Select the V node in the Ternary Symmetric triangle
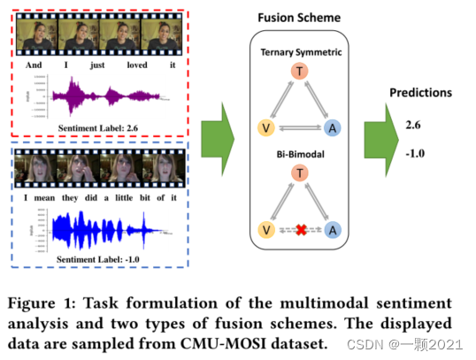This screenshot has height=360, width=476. coord(264,126)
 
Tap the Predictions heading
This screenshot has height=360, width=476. coord(421,93)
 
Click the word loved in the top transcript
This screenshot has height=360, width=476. coord(137,64)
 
